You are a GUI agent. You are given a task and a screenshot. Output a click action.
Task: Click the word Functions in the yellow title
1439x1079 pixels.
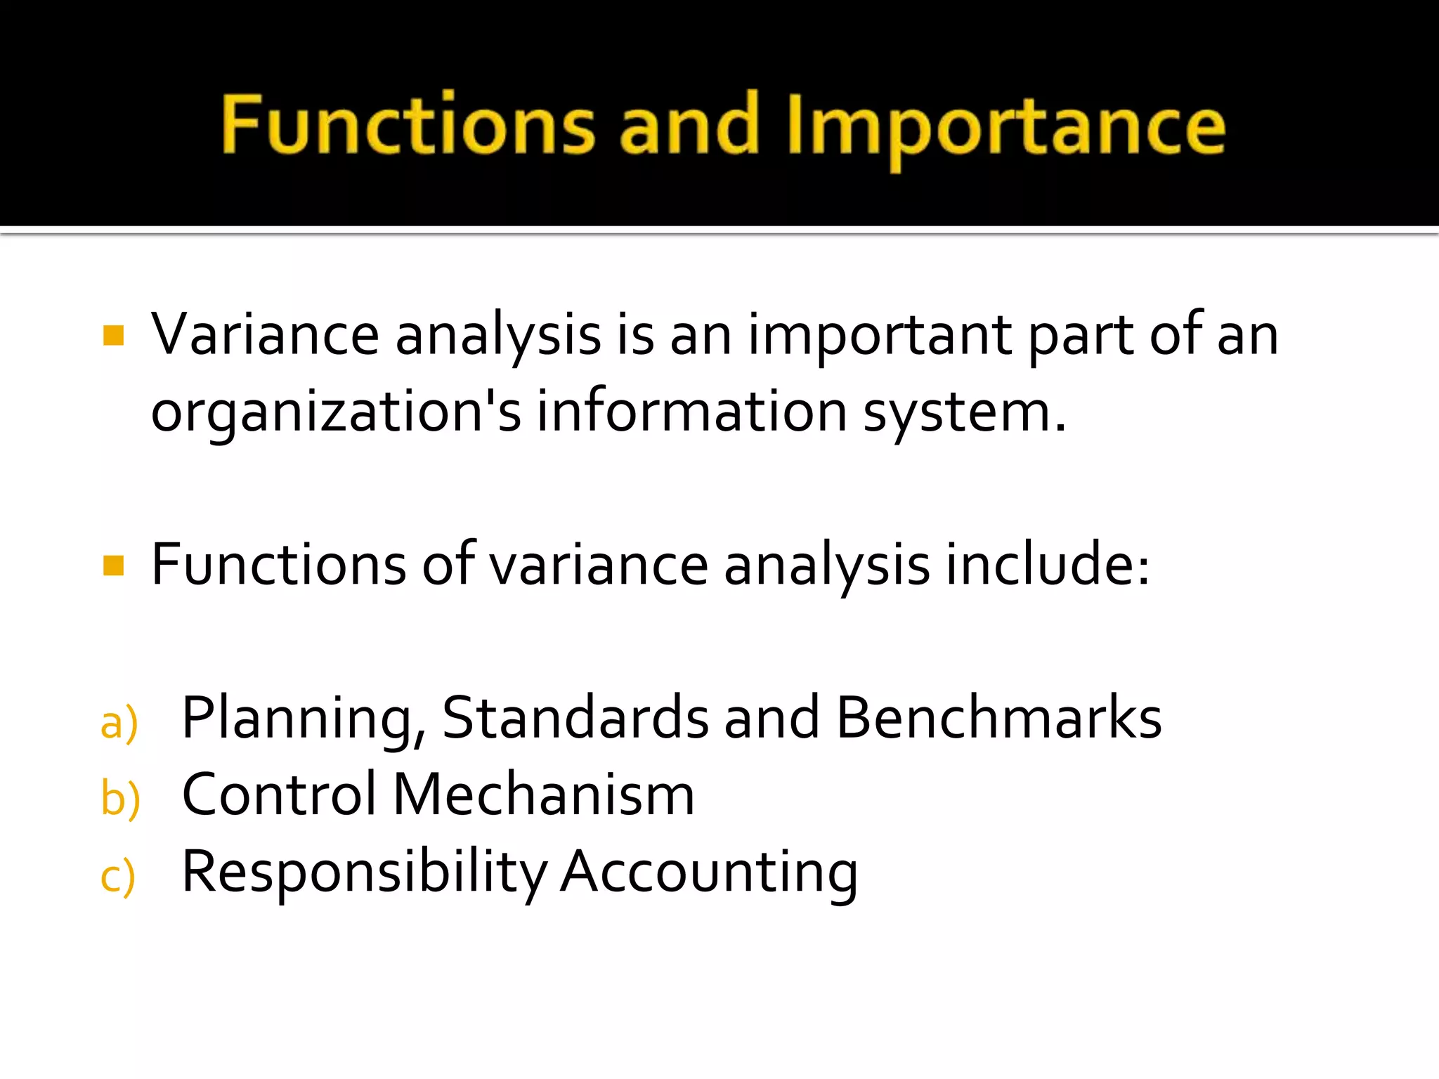(408, 125)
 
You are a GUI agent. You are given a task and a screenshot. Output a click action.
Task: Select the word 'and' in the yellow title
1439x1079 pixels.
(689, 125)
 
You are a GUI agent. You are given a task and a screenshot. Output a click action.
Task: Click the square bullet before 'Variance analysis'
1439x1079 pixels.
(113, 335)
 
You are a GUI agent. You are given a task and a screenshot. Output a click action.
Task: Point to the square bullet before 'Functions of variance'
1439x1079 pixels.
(113, 565)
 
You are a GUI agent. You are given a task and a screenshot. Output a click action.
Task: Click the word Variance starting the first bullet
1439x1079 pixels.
(265, 335)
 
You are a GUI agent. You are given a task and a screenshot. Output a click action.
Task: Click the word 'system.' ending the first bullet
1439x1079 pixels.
(965, 412)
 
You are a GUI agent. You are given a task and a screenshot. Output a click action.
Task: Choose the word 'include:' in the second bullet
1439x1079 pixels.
(1047, 565)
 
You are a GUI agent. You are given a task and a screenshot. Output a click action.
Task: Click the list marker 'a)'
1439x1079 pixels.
(119, 723)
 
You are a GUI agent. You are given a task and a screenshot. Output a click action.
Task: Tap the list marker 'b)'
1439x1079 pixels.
(120, 799)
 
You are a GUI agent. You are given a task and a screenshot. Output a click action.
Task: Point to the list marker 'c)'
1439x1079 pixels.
(117, 876)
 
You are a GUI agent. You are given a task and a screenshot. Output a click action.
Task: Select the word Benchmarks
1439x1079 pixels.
(998, 718)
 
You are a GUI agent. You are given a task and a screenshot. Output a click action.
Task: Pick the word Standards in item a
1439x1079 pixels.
(575, 718)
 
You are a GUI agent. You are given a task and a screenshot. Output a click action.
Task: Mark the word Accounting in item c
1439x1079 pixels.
(709, 872)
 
